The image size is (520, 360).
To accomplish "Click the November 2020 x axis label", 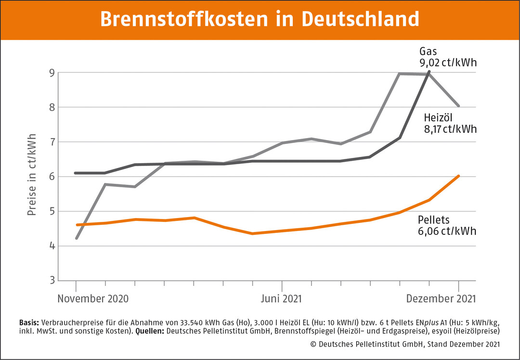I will point(93,298).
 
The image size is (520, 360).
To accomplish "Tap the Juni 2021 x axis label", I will point(281,298).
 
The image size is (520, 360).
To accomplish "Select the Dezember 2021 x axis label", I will point(441,298).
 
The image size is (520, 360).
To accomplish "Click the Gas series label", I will point(429,51).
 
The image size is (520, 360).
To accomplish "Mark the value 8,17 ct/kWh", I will point(450,129).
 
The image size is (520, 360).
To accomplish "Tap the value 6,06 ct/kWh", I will point(447,231).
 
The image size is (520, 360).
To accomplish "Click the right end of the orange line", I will point(459,176).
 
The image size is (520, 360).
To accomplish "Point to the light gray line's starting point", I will point(77,238).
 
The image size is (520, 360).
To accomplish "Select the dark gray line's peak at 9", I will point(429,72).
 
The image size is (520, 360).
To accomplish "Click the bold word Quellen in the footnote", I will point(150,331).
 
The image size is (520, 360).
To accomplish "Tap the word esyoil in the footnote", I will point(442,331).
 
